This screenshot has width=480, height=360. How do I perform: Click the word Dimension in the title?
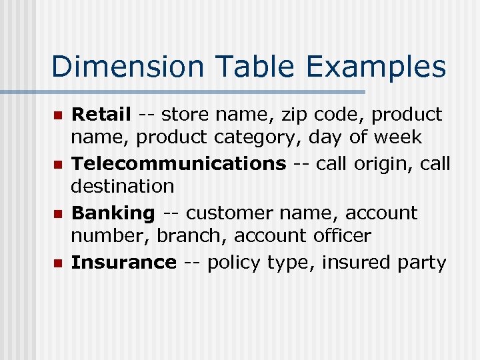coord(117,67)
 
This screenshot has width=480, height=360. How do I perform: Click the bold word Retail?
coord(101,115)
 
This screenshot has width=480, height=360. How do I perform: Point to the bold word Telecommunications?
coord(178,163)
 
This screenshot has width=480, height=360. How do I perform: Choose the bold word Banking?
coord(113,213)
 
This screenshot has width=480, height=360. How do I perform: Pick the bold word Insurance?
coord(123,263)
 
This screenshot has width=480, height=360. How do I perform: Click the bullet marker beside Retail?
coord(57,115)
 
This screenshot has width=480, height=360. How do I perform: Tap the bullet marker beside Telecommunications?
coord(57,164)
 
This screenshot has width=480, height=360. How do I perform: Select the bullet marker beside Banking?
coord(57,214)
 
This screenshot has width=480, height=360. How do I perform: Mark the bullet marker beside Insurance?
coord(57,263)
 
